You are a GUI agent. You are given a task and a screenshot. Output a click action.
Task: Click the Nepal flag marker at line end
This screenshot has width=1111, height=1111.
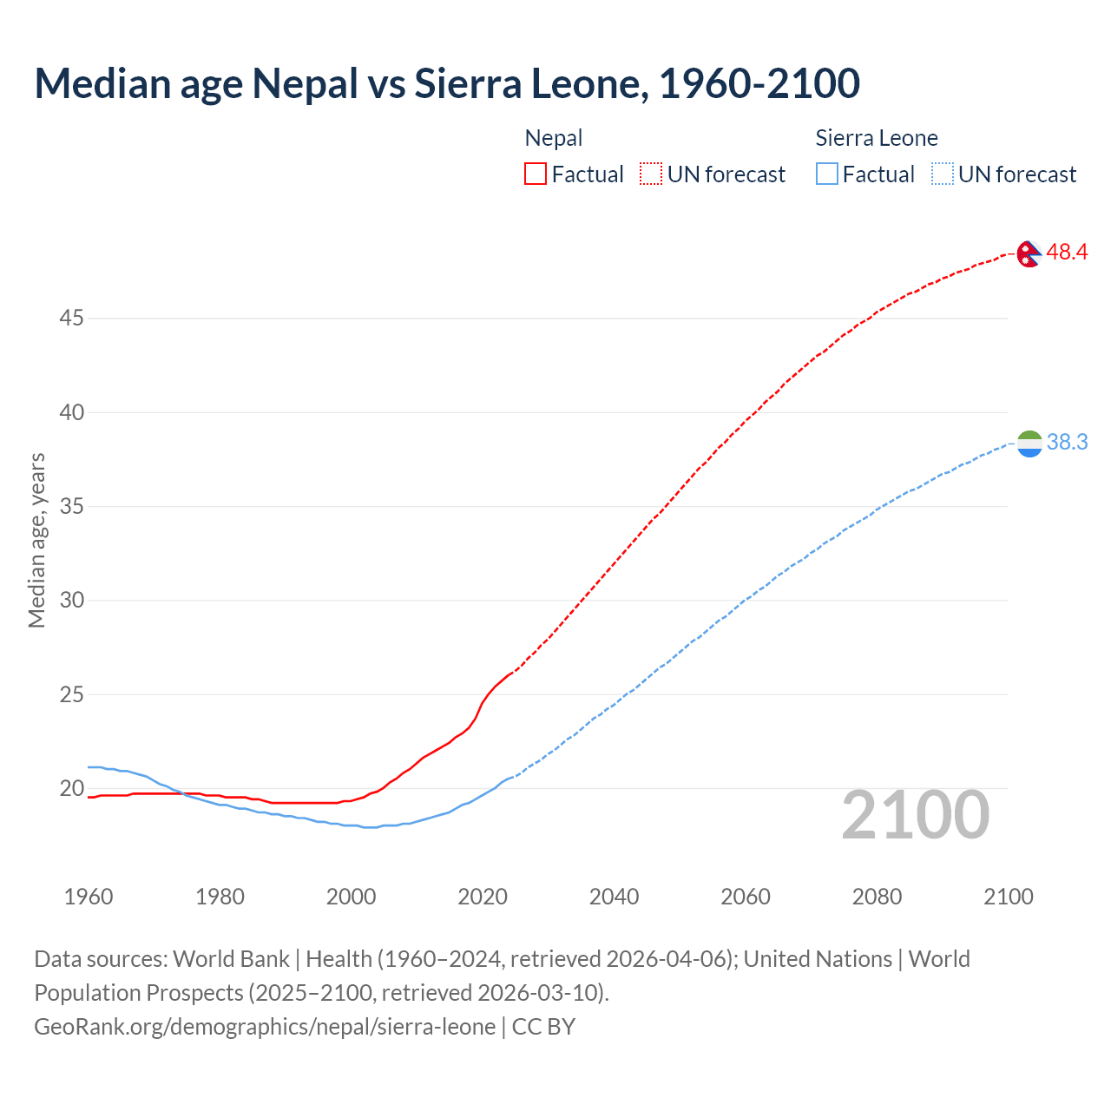pos(1029,253)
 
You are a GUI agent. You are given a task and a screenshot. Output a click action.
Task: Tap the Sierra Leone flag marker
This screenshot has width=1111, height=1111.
pos(1029,443)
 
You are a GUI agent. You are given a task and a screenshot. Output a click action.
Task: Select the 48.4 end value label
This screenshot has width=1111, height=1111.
pos(1067,253)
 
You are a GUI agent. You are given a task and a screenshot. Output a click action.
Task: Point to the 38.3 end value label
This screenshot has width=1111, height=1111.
pos(1067,443)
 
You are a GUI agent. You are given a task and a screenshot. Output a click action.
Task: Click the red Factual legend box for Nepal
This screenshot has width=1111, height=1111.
pos(536,174)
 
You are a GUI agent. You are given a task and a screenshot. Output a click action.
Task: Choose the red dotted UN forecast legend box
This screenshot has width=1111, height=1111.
pos(651,174)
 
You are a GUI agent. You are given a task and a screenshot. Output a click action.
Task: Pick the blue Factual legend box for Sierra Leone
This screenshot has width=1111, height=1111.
pos(827,174)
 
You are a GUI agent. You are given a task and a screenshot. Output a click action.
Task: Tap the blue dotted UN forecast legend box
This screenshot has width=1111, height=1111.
pos(943,174)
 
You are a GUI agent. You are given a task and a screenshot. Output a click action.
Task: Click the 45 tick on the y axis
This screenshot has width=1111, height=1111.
pos(71,319)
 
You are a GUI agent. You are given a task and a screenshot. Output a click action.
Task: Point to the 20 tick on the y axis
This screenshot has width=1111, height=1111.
pos(71,789)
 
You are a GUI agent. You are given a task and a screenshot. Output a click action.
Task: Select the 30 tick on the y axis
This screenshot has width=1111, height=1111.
pos(71,601)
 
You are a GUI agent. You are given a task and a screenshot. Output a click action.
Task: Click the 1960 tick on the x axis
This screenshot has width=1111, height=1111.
pos(89,897)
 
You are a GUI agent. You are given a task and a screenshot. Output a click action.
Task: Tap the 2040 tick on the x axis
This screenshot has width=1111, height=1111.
pos(614,897)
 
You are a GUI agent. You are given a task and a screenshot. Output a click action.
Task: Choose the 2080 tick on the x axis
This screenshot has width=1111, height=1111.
pos(877,897)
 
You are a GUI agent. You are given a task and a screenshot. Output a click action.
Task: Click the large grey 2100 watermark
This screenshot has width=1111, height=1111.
pos(915,815)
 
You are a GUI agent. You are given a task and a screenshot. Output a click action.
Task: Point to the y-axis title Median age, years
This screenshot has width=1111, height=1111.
pos(36,540)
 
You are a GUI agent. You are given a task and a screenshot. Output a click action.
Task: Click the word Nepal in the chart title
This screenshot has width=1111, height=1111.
pos(304,83)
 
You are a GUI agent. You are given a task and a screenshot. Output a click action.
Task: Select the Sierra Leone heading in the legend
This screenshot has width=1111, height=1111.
pos(877,138)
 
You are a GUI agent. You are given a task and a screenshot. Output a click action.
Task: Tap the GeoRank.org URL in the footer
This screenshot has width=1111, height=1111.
pos(265,1027)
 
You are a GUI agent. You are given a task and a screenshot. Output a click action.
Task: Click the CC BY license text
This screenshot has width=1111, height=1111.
pos(543,1027)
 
